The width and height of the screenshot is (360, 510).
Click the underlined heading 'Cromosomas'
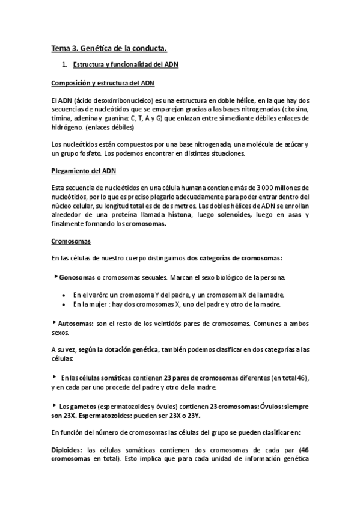pyautogui.click(x=70, y=242)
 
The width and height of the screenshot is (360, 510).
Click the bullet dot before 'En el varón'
pyautogui.click(x=64, y=295)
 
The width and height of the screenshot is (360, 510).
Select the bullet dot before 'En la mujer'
pyautogui.click(x=64, y=304)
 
